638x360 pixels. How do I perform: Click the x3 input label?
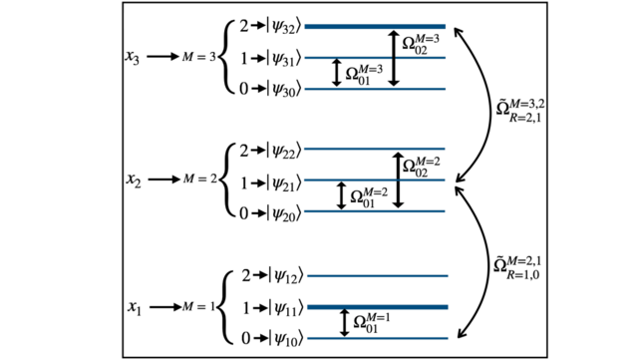click(133, 57)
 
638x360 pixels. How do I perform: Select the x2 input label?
click(133, 180)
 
